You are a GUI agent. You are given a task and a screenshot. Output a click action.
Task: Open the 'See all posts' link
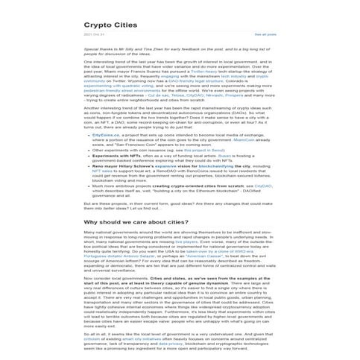265,34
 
